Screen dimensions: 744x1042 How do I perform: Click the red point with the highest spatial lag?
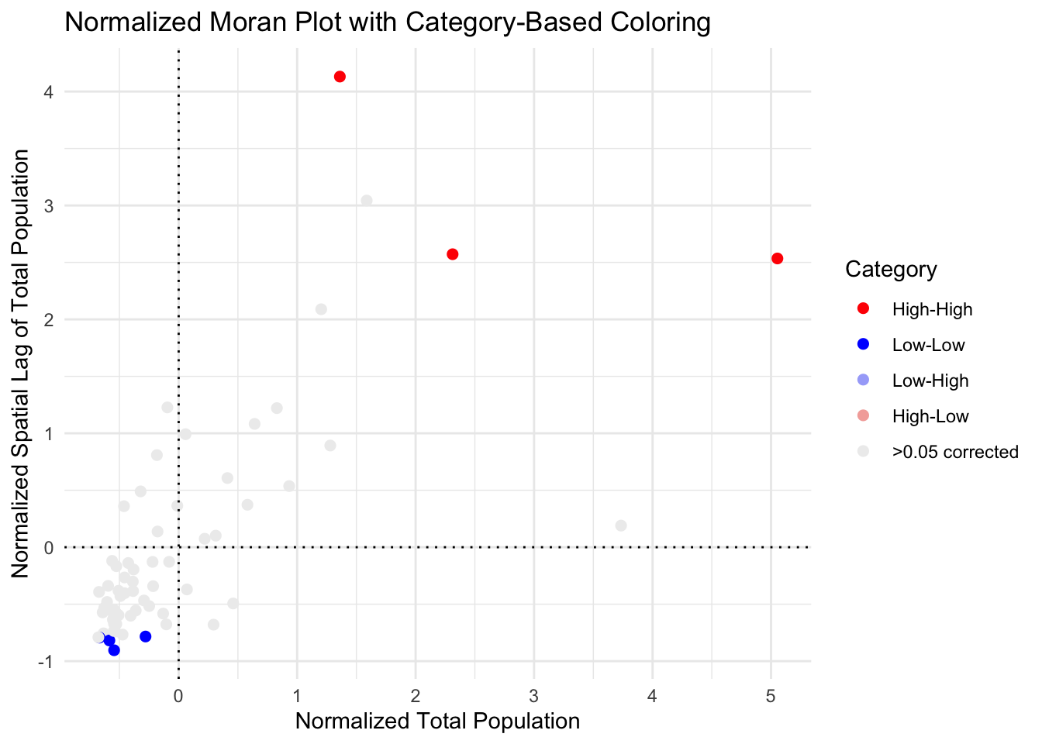pyautogui.click(x=340, y=77)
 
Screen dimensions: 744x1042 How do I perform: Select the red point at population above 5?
pyautogui.click(x=777, y=258)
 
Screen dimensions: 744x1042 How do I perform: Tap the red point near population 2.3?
pyautogui.click(x=453, y=254)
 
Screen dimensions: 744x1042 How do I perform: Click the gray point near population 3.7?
pyautogui.click(x=621, y=525)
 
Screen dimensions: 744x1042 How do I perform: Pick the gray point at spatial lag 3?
pyautogui.click(x=367, y=201)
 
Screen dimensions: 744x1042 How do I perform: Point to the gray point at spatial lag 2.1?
pyautogui.click(x=321, y=309)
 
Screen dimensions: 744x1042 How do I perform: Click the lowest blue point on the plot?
pyautogui.click(x=114, y=650)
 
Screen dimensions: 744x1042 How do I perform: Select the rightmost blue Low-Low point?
pyautogui.click(x=145, y=636)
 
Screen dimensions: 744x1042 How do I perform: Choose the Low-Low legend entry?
pyautogui.click(x=928, y=345)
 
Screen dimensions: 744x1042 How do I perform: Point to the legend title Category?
pyautogui.click(x=891, y=269)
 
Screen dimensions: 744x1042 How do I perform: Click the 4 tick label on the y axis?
pyautogui.click(x=49, y=92)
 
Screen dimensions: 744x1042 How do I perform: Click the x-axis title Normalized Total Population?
pyautogui.click(x=437, y=722)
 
